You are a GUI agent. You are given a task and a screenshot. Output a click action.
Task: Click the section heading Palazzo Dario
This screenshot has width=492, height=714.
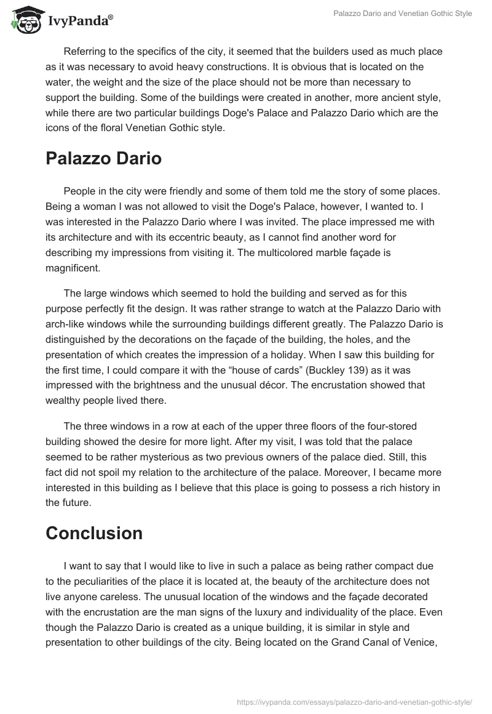click(103, 158)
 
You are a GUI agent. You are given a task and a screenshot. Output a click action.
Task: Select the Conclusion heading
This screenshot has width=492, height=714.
click(94, 532)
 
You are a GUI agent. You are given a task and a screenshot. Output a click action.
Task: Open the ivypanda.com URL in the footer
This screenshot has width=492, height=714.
click(355, 701)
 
